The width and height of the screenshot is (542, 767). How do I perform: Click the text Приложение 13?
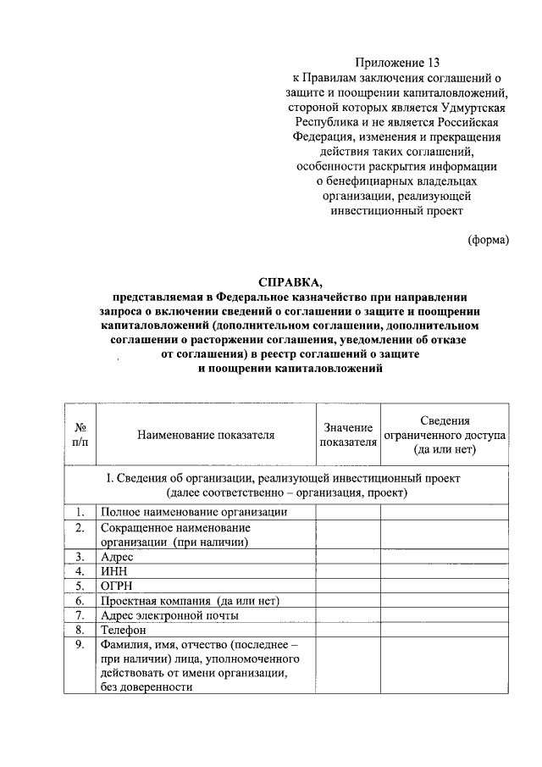397,62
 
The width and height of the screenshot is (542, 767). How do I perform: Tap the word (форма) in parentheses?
489,240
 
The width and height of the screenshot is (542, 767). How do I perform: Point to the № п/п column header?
80,435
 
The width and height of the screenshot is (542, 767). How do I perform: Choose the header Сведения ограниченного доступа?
445,435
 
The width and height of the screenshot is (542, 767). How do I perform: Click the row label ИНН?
113,571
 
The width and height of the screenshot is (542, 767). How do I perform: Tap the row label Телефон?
124,630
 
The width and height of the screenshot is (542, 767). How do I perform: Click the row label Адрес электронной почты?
169,615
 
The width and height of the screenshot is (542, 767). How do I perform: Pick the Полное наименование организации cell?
194,512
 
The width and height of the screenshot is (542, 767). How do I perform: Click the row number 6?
80,601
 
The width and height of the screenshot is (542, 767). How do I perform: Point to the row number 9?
80,645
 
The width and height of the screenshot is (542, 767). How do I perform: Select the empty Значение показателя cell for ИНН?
347,571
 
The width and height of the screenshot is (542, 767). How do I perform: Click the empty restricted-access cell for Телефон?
445,630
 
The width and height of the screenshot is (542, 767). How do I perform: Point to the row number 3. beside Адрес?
80,557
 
